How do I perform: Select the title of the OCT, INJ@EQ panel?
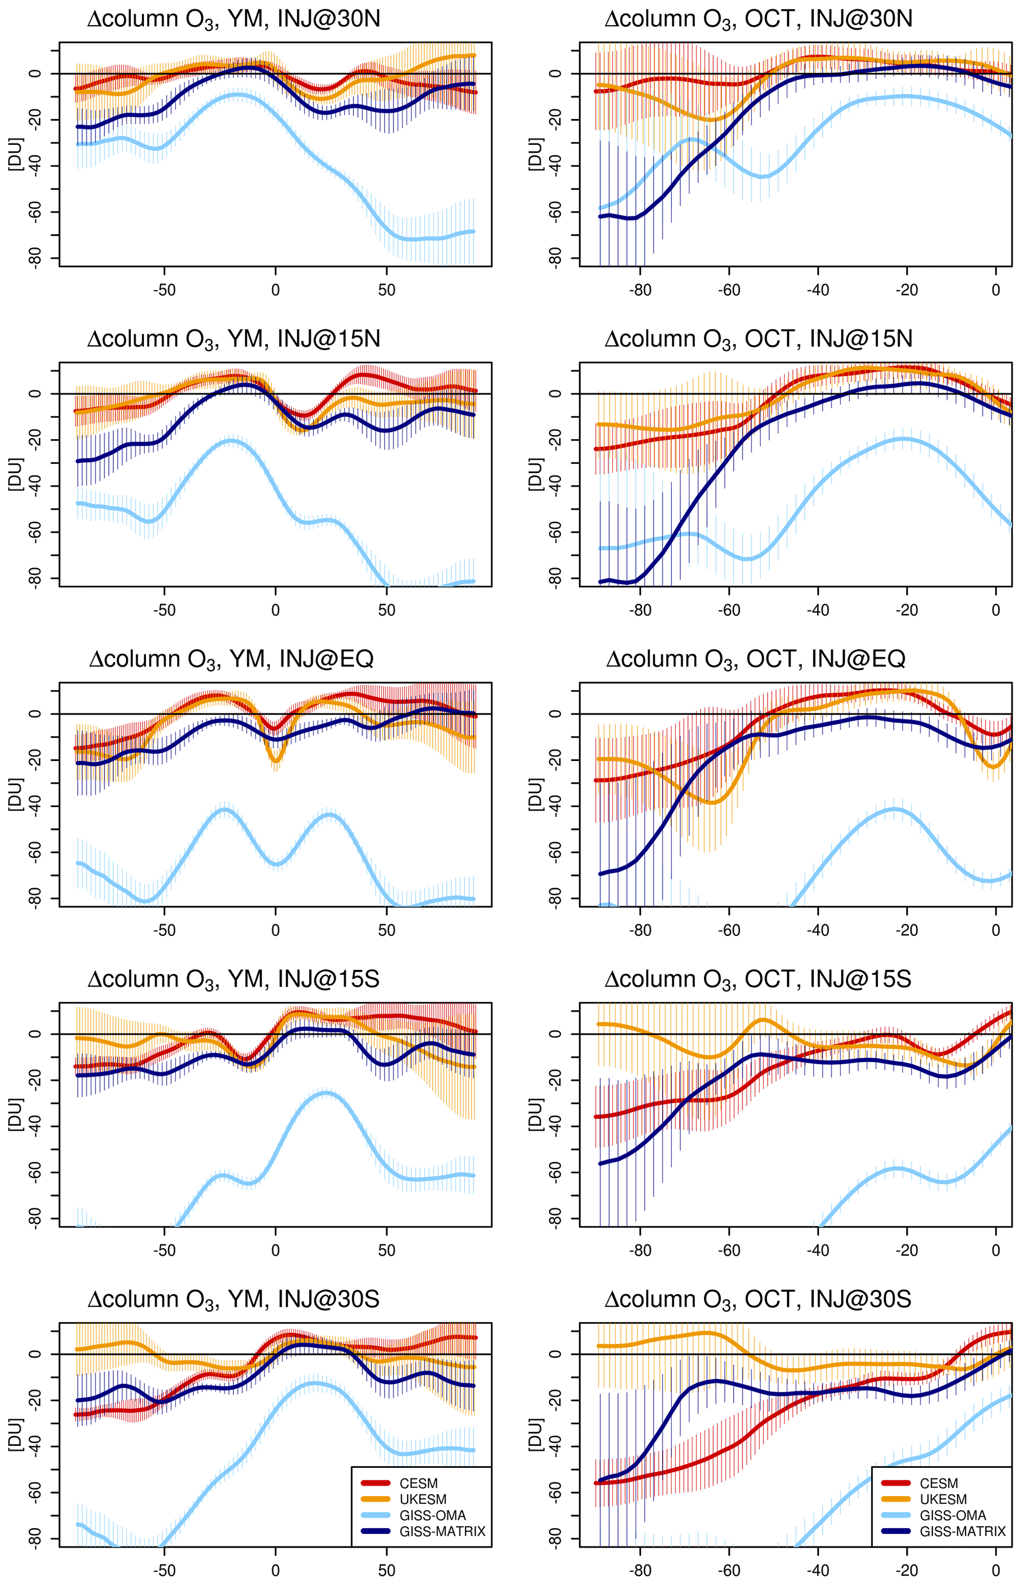(755, 660)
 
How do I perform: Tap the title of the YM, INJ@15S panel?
(233, 980)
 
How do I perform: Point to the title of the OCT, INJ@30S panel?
(758, 1300)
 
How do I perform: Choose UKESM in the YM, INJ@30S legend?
(423, 1499)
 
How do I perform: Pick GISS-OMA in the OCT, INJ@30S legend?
(952, 1515)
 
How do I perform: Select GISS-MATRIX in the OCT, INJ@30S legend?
(962, 1531)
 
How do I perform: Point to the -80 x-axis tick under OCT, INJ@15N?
(640, 611)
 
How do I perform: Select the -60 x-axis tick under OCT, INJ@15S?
(729, 1251)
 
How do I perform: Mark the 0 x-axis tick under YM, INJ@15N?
(275, 611)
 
